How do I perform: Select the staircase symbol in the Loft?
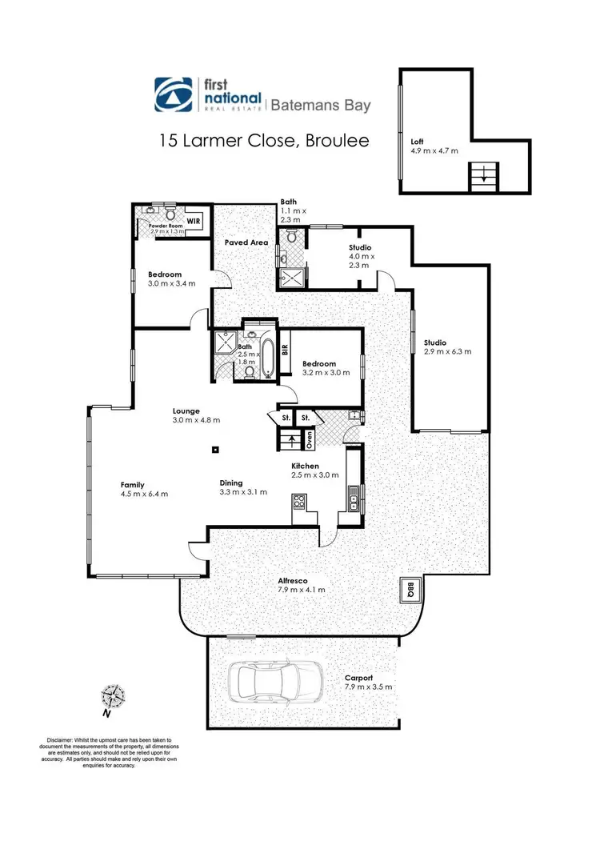pos(482,174)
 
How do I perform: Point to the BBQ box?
pos(410,591)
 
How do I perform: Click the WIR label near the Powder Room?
pos(194,220)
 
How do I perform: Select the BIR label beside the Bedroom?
pos(285,349)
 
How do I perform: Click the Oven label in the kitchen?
pos(310,439)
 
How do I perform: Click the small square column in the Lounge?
pos(215,450)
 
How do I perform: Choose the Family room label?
pos(132,485)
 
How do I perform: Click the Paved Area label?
pos(246,242)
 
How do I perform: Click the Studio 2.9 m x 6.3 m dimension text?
pos(447,351)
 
